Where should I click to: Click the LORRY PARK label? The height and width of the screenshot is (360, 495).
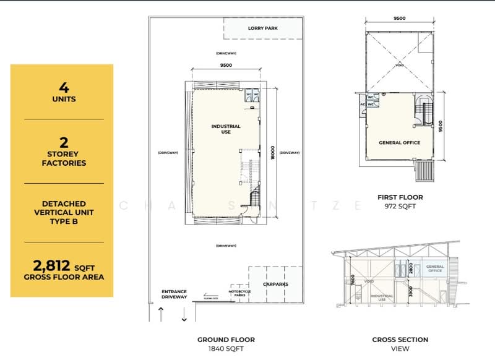pos(263,28)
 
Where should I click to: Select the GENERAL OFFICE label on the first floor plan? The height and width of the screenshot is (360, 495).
pos(399,143)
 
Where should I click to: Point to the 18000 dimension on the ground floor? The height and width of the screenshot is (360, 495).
pos(272,153)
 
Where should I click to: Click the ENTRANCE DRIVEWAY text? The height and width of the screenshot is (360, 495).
pos(174,294)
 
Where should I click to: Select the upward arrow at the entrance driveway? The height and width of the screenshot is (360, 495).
pos(161,314)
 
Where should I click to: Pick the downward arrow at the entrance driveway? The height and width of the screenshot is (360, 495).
pos(184,314)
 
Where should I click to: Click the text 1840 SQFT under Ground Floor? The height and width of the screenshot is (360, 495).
pos(226,349)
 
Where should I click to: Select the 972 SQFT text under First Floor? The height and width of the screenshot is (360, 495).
pos(400,207)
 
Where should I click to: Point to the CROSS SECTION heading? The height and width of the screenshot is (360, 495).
pos(400,340)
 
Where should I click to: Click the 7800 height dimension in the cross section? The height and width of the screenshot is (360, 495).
pos(335,279)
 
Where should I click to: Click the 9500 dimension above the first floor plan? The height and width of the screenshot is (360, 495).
pos(400,19)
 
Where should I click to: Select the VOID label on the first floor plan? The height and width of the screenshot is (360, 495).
pos(399,64)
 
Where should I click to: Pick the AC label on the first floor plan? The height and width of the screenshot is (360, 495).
pos(363,105)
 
